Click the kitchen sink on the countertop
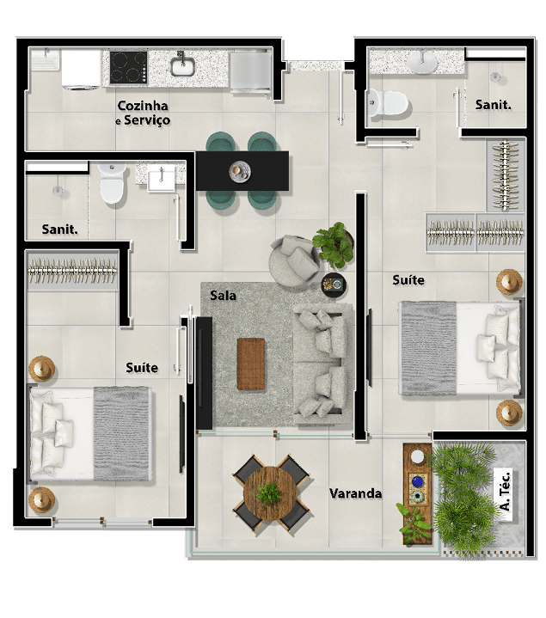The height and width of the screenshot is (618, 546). tap(182, 66)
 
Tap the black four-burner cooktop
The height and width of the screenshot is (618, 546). tap(128, 67)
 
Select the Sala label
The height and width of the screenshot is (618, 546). tap(223, 295)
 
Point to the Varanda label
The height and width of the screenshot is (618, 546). tap(355, 493)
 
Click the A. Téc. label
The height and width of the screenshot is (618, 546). tap(505, 492)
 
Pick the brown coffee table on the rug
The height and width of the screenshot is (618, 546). tap(251, 364)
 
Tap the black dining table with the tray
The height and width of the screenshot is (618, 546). tap(242, 171)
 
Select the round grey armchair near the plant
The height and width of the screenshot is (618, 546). tap(294, 260)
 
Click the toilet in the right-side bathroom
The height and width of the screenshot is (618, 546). tap(388, 103)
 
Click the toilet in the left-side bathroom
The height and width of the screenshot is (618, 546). tap(113, 183)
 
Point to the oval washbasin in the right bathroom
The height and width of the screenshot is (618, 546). tap(422, 62)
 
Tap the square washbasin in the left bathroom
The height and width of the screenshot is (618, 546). tap(161, 179)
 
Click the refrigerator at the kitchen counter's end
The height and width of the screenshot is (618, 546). tap(250, 71)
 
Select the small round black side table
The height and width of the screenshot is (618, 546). tap(334, 285)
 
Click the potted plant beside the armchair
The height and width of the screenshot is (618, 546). tap(334, 245)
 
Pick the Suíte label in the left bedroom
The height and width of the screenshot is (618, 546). tap(142, 368)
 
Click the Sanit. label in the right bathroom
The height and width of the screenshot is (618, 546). tap(493, 105)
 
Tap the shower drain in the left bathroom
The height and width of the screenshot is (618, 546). tap(58, 191)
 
